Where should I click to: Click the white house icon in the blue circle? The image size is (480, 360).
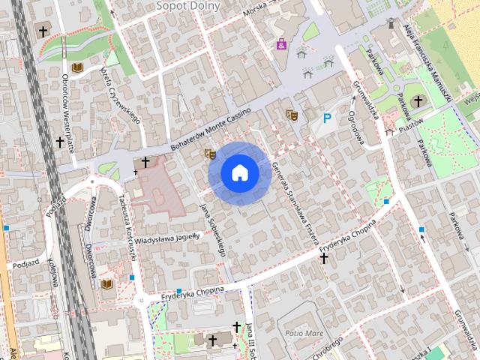point(239,172)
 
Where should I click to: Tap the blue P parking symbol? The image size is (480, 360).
point(327,118)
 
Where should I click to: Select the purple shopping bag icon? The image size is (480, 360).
point(282,44)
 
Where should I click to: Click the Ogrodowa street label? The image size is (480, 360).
point(355,127)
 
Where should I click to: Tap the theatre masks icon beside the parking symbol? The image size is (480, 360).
point(292,115)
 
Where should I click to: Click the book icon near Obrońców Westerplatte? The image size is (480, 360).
point(76,68)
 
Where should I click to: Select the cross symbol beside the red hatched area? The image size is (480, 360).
point(145,162)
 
